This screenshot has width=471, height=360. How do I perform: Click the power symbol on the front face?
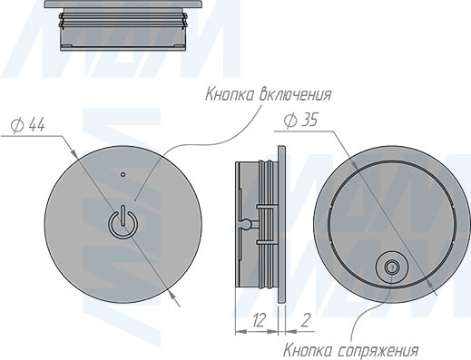122,222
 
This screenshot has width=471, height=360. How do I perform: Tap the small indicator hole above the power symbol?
123,174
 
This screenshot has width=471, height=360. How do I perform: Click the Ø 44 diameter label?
28,125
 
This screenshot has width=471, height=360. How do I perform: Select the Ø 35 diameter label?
301,121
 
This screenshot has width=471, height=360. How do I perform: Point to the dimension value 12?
259,320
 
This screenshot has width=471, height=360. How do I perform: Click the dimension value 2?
306,320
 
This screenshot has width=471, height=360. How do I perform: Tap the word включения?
296,94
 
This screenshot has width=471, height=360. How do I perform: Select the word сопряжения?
378,351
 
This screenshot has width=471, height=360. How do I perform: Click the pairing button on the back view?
391,268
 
